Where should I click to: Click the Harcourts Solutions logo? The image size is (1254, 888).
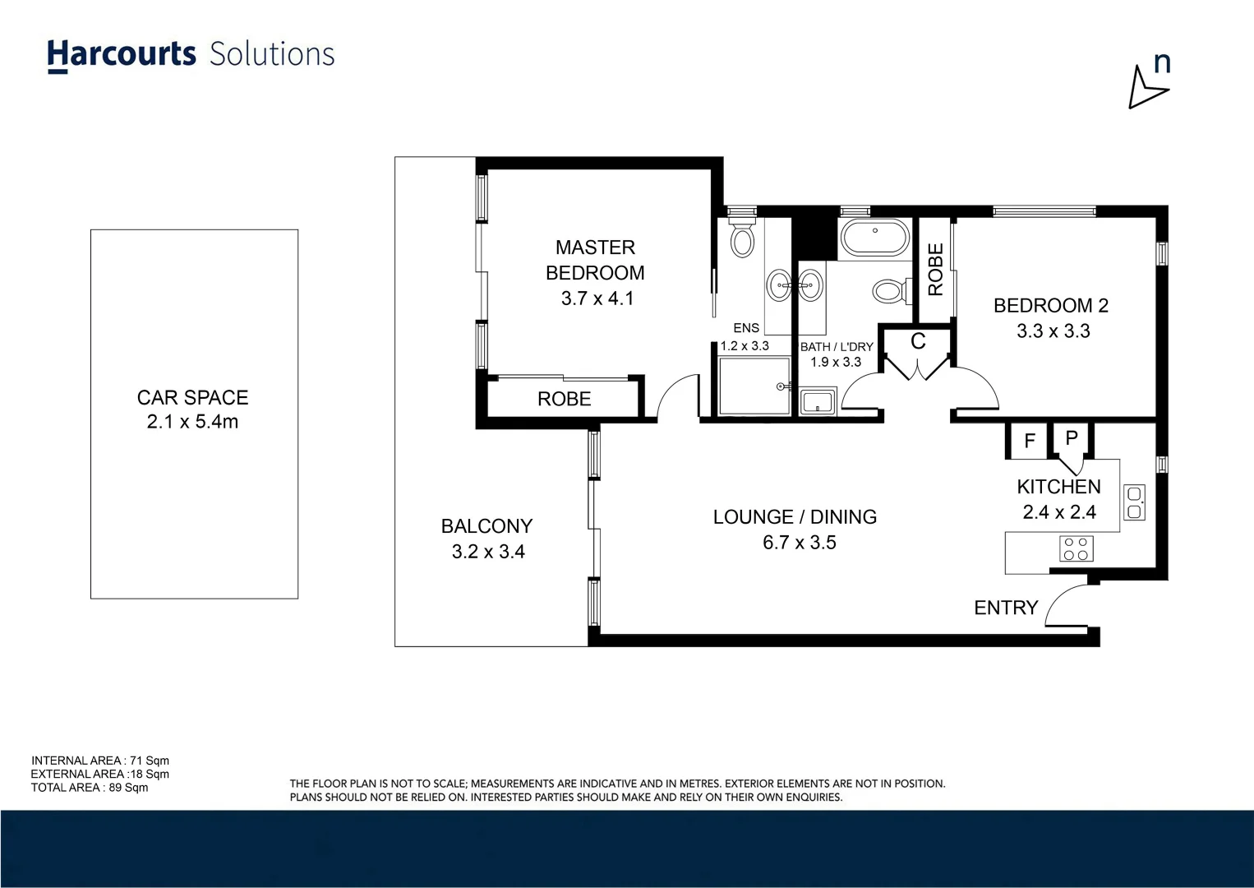click(191, 55)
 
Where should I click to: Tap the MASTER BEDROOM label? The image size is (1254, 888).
click(595, 260)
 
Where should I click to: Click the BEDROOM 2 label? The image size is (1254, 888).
click(1050, 306)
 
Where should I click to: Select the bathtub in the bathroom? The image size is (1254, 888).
click(874, 238)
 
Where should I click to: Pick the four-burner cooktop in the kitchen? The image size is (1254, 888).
click(1075, 548)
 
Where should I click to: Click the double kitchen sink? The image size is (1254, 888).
click(1133, 502)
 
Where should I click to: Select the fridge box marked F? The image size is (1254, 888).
click(1029, 442)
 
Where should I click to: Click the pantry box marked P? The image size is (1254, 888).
click(1071, 438)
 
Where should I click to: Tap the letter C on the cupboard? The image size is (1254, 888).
click(918, 342)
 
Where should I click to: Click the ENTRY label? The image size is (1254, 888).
click(1005, 608)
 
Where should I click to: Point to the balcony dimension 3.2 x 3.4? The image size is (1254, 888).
click(487, 552)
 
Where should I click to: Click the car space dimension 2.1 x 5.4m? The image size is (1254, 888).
click(192, 422)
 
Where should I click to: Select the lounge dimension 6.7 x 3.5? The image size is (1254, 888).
click(799, 543)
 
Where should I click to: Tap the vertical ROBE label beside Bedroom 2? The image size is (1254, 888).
click(935, 270)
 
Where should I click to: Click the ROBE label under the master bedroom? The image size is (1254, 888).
click(564, 399)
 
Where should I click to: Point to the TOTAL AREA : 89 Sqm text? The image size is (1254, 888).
click(90, 788)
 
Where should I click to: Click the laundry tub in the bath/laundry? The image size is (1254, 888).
click(817, 403)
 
